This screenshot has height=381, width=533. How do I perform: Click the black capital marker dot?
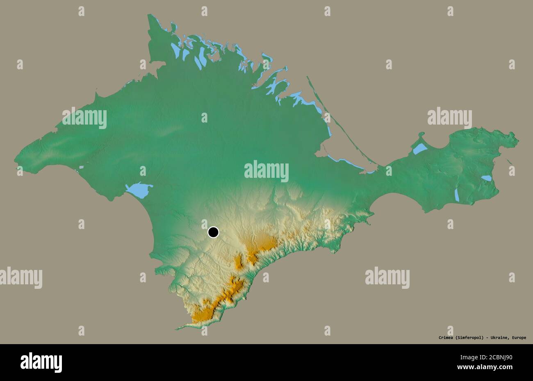click(x=213, y=232)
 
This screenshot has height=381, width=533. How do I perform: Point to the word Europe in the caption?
click(x=519, y=338)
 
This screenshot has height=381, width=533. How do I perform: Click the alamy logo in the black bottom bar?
click(x=41, y=363)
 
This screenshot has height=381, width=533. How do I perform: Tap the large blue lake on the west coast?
click(x=139, y=190)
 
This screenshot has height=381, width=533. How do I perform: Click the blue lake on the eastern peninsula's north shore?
click(x=420, y=148)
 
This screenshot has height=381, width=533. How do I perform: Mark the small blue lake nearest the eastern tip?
click(x=486, y=178)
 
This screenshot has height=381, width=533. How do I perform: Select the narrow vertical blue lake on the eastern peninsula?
click(x=457, y=195)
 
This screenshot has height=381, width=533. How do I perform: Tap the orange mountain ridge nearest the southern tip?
click(x=203, y=313)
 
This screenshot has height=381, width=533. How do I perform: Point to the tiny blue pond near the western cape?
click(x=81, y=167)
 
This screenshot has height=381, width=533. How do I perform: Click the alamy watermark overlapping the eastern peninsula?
click(x=449, y=118)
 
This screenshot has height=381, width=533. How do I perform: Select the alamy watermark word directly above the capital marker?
click(x=266, y=171)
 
